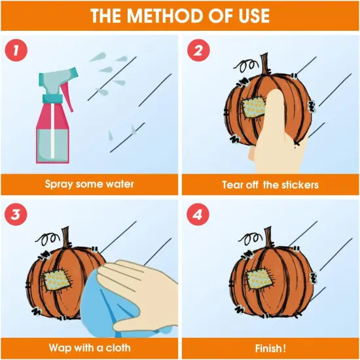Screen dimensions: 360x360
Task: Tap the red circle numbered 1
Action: (16, 50)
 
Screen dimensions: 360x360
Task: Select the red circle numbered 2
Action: (198, 50)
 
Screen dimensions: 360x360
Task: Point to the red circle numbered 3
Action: (16, 215)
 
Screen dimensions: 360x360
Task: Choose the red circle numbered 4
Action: (198, 215)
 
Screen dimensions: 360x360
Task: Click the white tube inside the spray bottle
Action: (52, 130)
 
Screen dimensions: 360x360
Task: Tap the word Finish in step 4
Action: (268, 348)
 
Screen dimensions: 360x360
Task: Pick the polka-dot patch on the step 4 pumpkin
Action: (259, 278)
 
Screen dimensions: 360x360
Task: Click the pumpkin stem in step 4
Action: (268, 236)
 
